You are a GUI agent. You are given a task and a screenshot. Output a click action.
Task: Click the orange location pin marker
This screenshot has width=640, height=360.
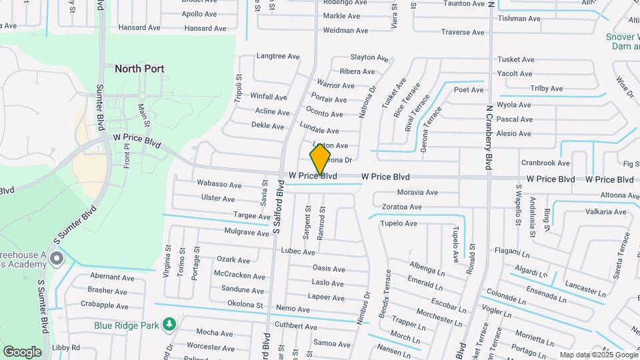point(320,160)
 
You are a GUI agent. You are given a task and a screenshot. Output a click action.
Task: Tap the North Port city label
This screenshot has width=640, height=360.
point(139,69)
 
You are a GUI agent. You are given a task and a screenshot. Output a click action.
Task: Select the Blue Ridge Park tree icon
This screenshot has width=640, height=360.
point(171,324)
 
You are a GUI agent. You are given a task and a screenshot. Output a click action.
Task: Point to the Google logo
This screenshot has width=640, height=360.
point(22,351)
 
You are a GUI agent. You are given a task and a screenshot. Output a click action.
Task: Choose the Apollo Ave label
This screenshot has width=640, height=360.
point(199,14)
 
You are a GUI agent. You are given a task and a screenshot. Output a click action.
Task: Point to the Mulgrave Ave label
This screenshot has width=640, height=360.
point(246,232)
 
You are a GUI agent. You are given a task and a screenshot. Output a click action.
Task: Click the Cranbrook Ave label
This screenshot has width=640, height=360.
point(545,163)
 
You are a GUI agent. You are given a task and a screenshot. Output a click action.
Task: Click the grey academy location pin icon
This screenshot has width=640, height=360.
point(57,258)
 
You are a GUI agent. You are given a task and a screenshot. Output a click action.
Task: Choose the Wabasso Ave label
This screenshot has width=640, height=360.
point(215,183)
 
